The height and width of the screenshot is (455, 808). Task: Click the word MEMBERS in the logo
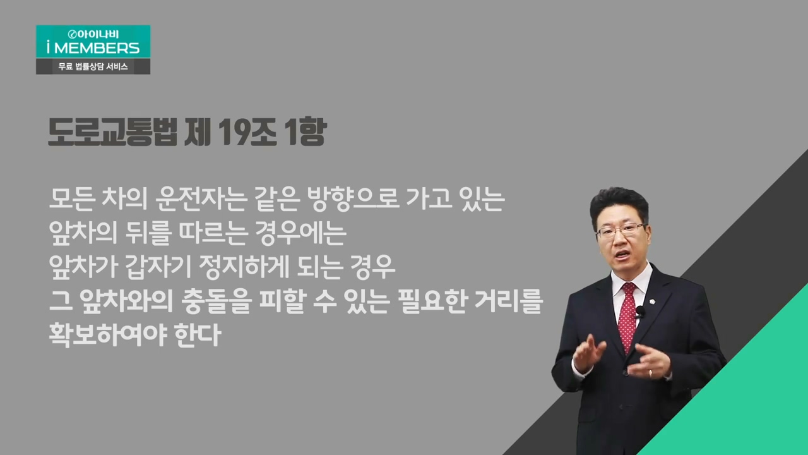pos(97,48)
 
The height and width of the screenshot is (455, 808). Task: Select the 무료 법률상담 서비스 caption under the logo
pos(93,66)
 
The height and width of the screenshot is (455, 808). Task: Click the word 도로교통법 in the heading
pos(112,132)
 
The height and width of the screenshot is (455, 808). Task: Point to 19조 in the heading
pos(247,132)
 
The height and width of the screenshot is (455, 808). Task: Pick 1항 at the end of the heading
pos(305,132)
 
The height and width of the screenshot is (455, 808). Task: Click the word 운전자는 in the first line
pos(201,199)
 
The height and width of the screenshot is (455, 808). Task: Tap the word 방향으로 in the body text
pos(353,199)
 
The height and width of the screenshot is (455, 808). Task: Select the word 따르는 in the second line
pos(214,233)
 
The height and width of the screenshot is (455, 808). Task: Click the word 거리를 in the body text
pos(508,301)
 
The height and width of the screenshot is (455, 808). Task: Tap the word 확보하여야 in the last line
pos(107,335)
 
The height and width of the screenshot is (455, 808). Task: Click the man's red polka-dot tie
pos(627,317)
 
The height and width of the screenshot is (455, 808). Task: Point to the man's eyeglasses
pos(621,230)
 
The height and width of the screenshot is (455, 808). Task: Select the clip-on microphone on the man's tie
pos(640,312)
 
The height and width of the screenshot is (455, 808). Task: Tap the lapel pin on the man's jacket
pos(652,301)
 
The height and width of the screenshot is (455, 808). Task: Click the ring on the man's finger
pos(650,373)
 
